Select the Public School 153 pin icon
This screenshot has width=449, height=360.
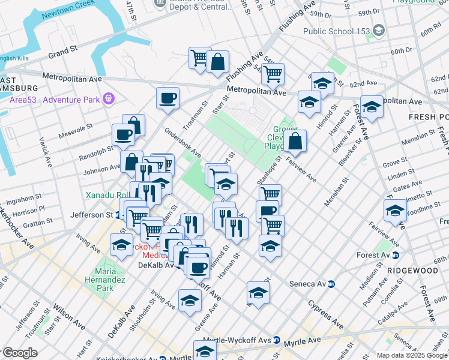click(x=378, y=30)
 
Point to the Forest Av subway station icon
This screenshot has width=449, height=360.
click(x=396, y=255)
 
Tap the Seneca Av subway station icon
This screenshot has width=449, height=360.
click(x=331, y=284)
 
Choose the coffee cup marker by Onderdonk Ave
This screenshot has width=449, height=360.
click(x=168, y=97)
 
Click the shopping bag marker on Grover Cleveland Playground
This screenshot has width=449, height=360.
click(x=295, y=142)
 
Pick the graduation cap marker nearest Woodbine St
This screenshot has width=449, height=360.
click(x=395, y=211)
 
